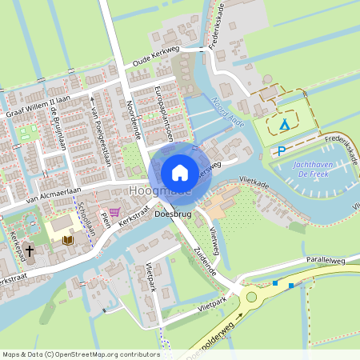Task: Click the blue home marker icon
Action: pos(180,172)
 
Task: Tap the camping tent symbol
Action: pos(285,125)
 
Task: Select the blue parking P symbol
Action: pos(281,151)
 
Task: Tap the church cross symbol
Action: pos(29,250)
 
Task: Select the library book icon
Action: pos(68,239)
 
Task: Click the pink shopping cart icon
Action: pos(116,212)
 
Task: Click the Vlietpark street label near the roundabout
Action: pos(211,307)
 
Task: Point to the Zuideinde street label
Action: pos(204,256)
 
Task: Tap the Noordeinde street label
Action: pos(133,119)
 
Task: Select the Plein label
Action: pos(105,218)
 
